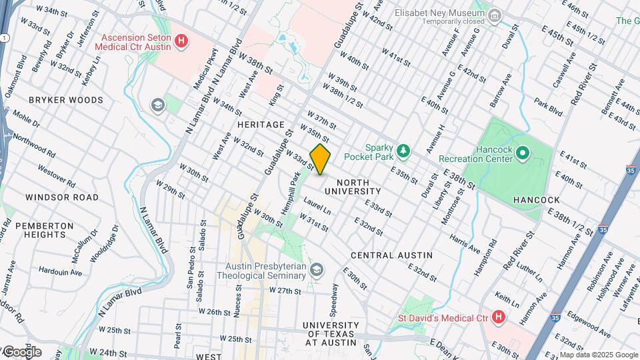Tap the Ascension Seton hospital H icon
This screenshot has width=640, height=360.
pos(181,43)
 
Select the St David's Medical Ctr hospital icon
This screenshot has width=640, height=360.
pos(497,317)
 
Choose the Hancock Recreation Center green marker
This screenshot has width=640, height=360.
pos(523,155)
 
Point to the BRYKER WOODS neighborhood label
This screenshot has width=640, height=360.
pos(66,100)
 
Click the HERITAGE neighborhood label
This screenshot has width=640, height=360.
pos(261,125)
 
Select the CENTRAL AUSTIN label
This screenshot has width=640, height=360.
pos(391,255)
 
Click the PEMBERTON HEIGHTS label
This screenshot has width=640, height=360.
pos(45,231)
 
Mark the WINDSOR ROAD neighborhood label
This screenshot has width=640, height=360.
pos(61,197)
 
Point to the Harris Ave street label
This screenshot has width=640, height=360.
pos(465,243)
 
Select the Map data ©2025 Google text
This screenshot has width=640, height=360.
pos(598,355)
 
